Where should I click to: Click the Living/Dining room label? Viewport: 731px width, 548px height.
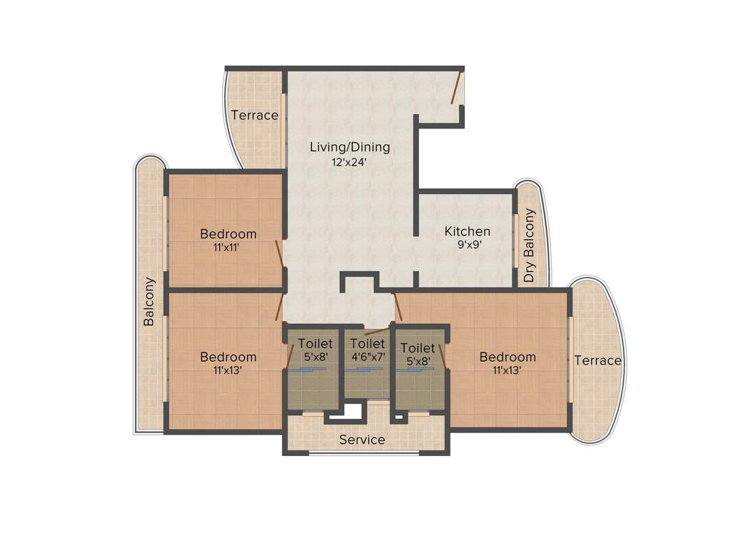coord(350,148)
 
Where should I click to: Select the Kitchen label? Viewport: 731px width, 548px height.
coord(467,231)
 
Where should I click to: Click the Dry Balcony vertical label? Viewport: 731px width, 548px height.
coord(529,245)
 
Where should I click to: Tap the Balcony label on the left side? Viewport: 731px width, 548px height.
coord(149,301)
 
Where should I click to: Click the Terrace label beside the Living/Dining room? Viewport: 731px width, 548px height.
coord(254,115)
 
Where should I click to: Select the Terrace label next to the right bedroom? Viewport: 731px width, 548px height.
coord(598,360)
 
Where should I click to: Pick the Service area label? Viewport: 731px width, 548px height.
coord(362,440)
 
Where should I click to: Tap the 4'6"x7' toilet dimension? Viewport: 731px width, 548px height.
coord(368,356)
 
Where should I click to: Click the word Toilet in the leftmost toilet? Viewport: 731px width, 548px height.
coord(315,343)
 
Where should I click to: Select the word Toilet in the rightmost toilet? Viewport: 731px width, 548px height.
coord(418,347)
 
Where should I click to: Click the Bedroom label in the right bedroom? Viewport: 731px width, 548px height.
coord(508,357)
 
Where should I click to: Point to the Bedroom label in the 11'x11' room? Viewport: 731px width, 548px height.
coord(228,233)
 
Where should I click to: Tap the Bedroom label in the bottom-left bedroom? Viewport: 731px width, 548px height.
coord(228,357)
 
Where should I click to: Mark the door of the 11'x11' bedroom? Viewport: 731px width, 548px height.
coord(279,253)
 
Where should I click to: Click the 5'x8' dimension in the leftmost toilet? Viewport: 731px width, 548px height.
coord(315,356)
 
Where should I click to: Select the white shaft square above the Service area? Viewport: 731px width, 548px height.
coord(353,411)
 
